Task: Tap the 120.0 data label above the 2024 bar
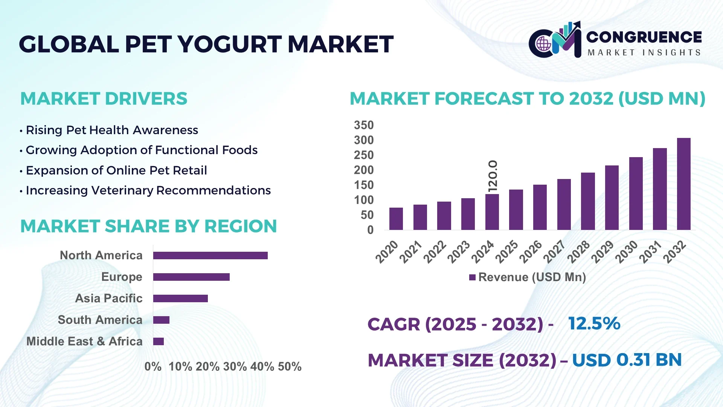(x=493, y=176)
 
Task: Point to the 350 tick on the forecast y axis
(x=363, y=125)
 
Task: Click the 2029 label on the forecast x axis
(x=602, y=252)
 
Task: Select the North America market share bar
(x=210, y=256)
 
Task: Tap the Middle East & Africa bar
(x=158, y=341)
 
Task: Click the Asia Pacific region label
(x=108, y=298)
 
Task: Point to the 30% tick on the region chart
(x=235, y=366)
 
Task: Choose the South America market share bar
(x=161, y=320)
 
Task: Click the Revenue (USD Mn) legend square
(x=472, y=277)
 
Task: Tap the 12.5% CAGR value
(x=594, y=323)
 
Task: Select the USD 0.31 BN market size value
(x=627, y=360)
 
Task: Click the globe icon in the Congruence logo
(x=543, y=44)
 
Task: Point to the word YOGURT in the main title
(x=229, y=44)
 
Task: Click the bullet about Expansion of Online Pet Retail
(x=116, y=170)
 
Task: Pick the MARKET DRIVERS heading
(x=104, y=99)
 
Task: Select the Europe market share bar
(x=191, y=277)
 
